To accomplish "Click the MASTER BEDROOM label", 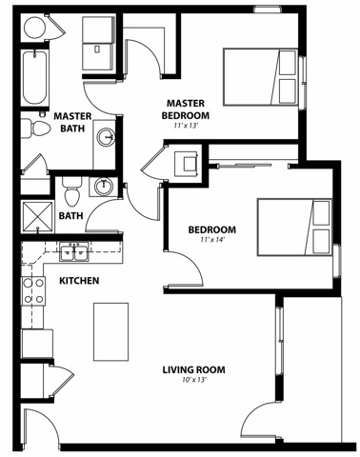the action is [x=186, y=109].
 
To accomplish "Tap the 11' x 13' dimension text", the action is [x=186, y=126].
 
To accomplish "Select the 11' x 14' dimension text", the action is [x=212, y=240].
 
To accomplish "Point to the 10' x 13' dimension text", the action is [x=194, y=380].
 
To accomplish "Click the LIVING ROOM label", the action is [x=194, y=369].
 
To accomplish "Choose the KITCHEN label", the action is [x=79, y=281].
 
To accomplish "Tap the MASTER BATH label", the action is [x=72, y=122].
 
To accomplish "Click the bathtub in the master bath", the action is [x=34, y=78].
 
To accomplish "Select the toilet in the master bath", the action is [x=36, y=129].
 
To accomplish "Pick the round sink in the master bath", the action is [x=105, y=137].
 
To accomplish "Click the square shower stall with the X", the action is [x=37, y=217].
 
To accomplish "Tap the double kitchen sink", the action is [x=74, y=252].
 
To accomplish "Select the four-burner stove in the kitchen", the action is [x=33, y=291].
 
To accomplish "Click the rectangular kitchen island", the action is [x=110, y=332].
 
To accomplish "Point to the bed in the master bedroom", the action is [x=261, y=77].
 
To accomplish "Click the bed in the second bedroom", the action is [x=294, y=228].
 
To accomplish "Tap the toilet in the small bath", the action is [x=72, y=190].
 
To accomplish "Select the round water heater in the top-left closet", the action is [x=34, y=27].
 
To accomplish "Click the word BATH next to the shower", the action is [x=71, y=216].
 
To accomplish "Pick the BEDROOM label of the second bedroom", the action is [x=212, y=229].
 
